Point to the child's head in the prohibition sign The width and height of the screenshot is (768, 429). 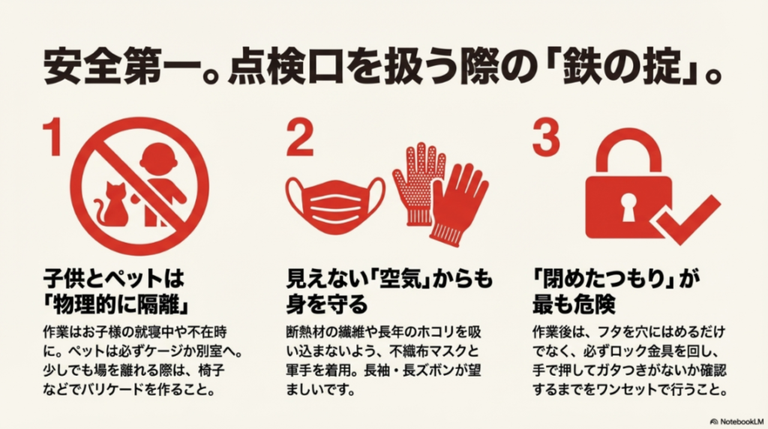(x=157, y=160)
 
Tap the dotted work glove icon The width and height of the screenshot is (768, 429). (x=418, y=180)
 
